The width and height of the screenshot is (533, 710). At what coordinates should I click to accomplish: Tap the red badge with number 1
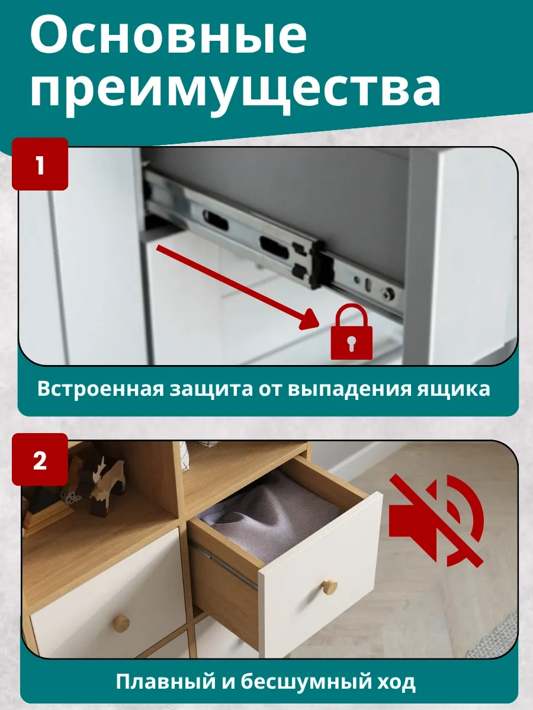(40, 164)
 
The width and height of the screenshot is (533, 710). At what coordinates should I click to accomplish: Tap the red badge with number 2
(40, 460)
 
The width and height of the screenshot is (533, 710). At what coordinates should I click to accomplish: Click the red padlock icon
(351, 332)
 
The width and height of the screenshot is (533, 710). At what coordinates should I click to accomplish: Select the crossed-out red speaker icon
(436, 521)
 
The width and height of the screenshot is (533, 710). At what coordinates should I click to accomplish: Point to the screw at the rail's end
(388, 293)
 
